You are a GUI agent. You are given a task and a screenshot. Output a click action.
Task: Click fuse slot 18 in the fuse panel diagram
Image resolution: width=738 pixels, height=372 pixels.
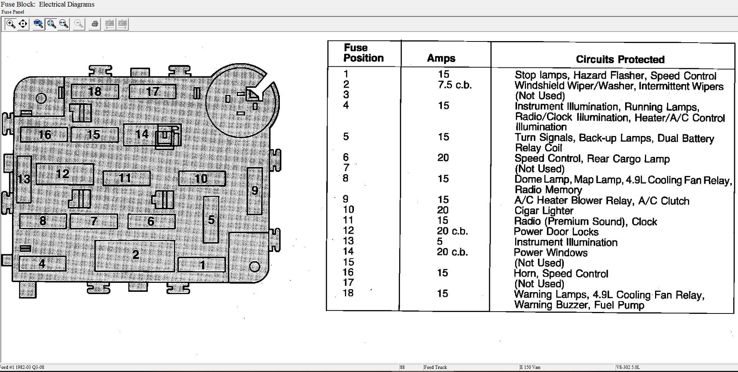(x=95, y=91)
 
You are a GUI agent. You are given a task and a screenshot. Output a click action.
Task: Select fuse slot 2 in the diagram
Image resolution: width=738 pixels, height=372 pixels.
(x=135, y=256)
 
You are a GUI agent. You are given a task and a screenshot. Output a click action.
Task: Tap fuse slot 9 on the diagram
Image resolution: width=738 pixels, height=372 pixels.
(x=255, y=191)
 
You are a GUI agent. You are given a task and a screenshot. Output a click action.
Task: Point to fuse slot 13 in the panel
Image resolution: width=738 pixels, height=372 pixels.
(x=24, y=179)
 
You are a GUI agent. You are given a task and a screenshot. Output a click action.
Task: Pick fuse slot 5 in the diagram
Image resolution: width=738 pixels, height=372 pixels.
(x=211, y=220)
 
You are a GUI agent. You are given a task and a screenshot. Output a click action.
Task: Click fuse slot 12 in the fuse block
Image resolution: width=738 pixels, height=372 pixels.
(x=65, y=174)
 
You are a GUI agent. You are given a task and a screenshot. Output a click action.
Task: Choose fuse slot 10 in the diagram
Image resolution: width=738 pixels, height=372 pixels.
(x=202, y=179)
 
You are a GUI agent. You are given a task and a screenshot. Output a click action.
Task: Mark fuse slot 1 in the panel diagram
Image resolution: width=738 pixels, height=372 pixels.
(x=202, y=265)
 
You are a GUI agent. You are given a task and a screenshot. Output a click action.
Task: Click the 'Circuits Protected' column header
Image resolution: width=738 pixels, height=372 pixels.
(x=620, y=59)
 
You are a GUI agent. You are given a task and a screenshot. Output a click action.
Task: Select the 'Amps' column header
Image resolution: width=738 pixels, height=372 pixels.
(x=441, y=58)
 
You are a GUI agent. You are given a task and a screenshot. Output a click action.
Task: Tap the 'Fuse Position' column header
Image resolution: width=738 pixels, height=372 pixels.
(x=364, y=53)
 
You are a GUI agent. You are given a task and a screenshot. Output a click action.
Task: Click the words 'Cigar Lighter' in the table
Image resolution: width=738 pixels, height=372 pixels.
(x=544, y=211)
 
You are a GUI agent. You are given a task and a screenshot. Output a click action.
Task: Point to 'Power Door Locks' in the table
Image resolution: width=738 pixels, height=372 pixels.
(x=556, y=232)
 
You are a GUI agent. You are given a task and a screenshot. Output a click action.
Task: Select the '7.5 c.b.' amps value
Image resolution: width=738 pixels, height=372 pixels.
(x=455, y=85)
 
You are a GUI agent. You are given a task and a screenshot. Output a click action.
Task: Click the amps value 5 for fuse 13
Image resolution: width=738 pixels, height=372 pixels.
(x=440, y=241)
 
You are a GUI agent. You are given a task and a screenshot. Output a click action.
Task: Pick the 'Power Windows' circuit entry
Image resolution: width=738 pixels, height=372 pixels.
(x=550, y=253)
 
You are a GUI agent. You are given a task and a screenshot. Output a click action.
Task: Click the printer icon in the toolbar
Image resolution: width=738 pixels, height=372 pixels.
(x=95, y=24)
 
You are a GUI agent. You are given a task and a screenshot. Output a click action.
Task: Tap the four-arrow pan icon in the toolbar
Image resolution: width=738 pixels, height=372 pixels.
(x=23, y=24)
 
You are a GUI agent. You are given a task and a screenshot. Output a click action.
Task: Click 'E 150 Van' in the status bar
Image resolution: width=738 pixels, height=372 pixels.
(x=530, y=367)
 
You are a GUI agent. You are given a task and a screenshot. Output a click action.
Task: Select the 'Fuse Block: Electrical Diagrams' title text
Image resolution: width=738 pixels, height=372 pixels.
(x=48, y=5)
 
